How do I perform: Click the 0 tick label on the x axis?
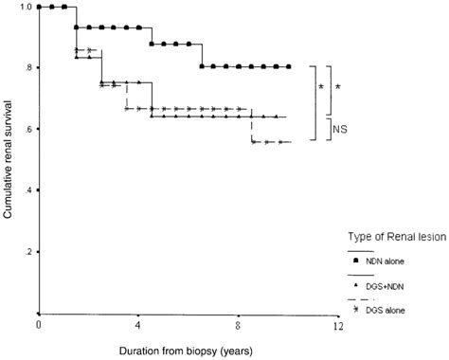pos(39,325)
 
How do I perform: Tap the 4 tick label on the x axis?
pos(138,325)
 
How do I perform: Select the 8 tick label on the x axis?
pos(238,325)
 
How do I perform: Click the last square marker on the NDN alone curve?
pos(288,67)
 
